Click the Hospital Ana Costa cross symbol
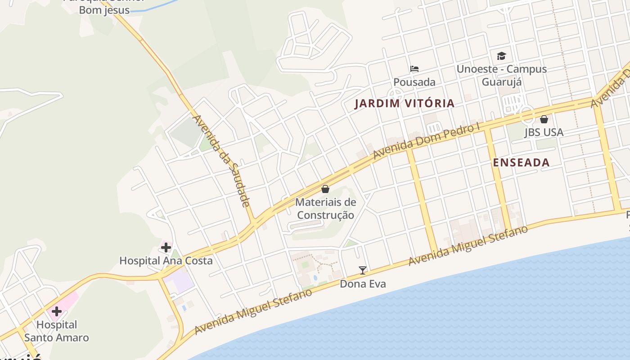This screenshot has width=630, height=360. pyautogui.click(x=166, y=247)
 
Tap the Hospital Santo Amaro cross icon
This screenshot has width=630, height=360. pyautogui.click(x=57, y=311)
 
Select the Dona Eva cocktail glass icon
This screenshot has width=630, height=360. pyautogui.click(x=363, y=270)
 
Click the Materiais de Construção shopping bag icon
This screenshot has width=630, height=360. pyautogui.click(x=325, y=189)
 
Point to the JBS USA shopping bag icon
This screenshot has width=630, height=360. pyautogui.click(x=544, y=119)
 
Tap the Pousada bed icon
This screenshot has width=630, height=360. pyautogui.click(x=414, y=69)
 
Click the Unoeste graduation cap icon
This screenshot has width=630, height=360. pyautogui.click(x=501, y=56)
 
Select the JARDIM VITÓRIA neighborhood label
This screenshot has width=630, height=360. pyautogui.click(x=405, y=103)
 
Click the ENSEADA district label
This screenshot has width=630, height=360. pyautogui.click(x=521, y=163)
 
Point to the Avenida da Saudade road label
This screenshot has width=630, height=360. pyautogui.click(x=221, y=161)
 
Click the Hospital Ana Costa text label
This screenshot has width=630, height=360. pyautogui.click(x=166, y=261)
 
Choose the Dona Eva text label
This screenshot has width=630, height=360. pyautogui.click(x=363, y=284)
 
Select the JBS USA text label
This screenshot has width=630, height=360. pyautogui.click(x=544, y=132)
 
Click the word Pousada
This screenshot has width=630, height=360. pyautogui.click(x=414, y=82)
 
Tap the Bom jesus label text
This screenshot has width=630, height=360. pyautogui.click(x=104, y=10)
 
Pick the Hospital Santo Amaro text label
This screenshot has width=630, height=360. pyautogui.click(x=57, y=331)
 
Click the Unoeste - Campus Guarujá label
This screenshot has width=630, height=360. pyautogui.click(x=502, y=75)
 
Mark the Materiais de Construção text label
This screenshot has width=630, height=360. pyautogui.click(x=325, y=208)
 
